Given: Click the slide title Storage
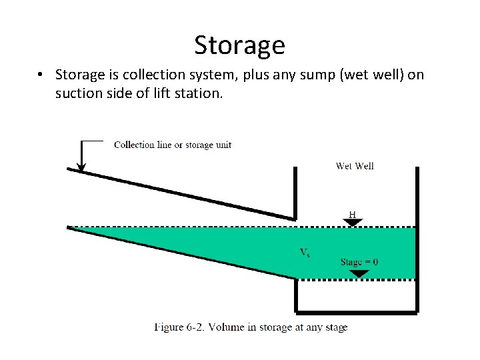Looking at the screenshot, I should tap(239, 45).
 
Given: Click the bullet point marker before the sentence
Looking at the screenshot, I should tap(41, 75).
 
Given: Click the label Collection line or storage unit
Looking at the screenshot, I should tap(173, 145).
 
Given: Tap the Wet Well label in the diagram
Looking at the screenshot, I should tap(355, 166).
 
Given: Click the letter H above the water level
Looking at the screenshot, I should tap(352, 215).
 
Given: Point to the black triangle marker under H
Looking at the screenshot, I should tap(352, 223).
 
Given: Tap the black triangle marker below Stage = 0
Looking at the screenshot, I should tap(359, 273).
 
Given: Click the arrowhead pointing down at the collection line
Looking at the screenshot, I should tap(81, 166).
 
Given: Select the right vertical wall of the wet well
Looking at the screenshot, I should tap(417, 240).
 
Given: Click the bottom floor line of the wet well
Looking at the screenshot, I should tap(357, 311).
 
